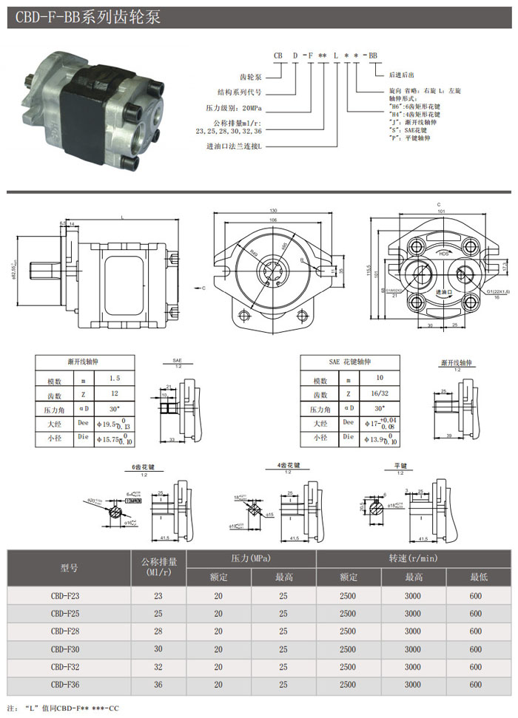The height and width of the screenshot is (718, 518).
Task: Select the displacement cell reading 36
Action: [158, 685]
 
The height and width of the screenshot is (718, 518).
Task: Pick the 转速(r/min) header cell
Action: [413, 559]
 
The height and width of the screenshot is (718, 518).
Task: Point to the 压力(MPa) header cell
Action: [251, 559]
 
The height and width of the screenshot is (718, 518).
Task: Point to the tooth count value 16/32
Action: [382, 394]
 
